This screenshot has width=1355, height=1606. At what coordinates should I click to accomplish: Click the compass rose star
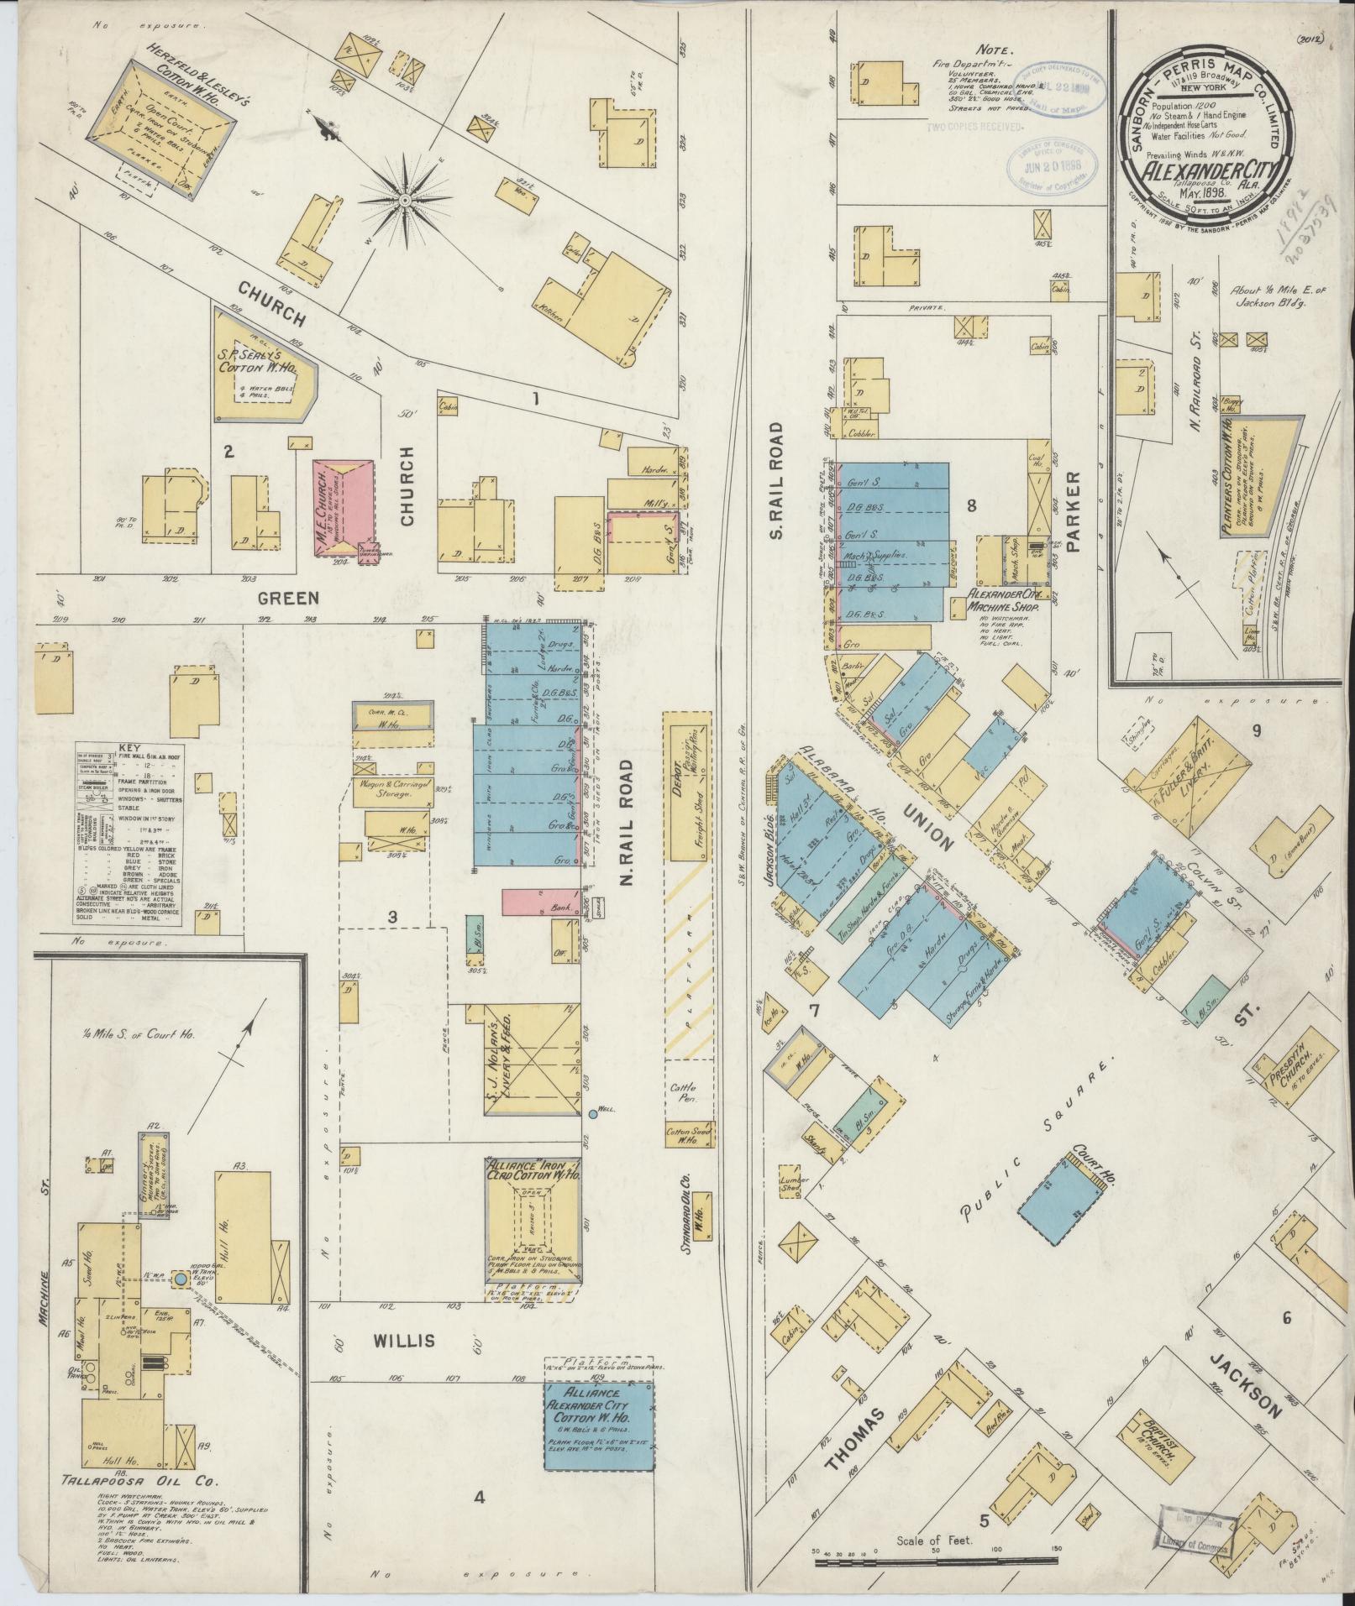[405, 200]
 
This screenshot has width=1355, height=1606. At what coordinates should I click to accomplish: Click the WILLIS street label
[406, 1342]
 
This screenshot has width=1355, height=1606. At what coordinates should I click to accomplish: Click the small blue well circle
[593, 1114]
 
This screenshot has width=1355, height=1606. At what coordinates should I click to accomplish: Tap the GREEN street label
[288, 598]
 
